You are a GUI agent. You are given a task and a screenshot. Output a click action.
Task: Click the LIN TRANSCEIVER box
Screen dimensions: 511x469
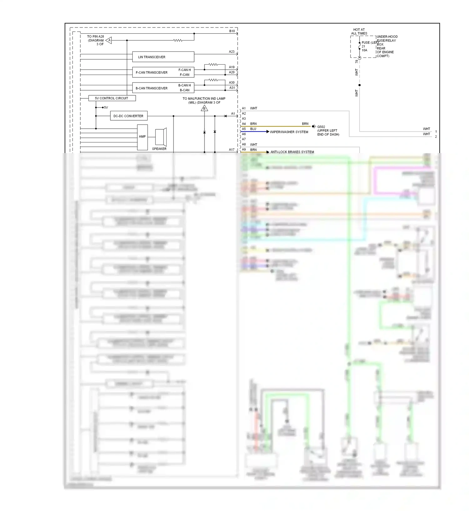coord(163,57)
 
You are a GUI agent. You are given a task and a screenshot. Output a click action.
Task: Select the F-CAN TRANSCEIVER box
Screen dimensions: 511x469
coord(163,72)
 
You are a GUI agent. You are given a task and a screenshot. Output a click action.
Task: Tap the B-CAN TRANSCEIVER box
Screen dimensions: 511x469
coord(163,88)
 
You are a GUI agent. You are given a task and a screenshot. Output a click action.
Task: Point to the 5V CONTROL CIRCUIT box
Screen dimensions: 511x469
coord(112,98)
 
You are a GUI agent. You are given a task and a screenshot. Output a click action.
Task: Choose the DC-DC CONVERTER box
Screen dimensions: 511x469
coord(129,116)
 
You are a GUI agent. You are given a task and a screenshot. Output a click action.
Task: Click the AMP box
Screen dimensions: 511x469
coord(142,137)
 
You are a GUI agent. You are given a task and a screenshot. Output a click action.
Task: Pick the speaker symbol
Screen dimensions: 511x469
coord(161,137)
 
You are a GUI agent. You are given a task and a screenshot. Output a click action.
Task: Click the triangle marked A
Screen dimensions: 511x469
coord(109,40)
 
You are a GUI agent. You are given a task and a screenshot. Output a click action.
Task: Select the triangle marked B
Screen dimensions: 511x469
coord(204,108)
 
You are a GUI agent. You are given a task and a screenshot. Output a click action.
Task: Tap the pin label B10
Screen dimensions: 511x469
coord(232,31)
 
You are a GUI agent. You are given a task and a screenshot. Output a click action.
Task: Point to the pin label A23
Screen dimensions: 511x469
coord(232,52)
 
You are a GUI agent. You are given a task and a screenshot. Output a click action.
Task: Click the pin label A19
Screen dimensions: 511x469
coord(232,67)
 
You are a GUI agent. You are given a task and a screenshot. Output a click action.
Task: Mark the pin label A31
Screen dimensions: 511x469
coord(232,88)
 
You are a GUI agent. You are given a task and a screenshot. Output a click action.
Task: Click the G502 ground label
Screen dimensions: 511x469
coord(321,127)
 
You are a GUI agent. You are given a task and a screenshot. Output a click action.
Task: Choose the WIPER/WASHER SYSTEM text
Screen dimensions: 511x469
coord(289,132)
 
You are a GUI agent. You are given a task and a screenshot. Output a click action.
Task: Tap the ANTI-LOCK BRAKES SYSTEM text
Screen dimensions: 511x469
coord(292,152)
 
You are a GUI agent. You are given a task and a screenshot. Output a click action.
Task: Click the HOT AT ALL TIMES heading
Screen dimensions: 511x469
coord(359,32)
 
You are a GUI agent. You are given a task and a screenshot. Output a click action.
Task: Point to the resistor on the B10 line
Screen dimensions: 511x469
coord(178,40)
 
